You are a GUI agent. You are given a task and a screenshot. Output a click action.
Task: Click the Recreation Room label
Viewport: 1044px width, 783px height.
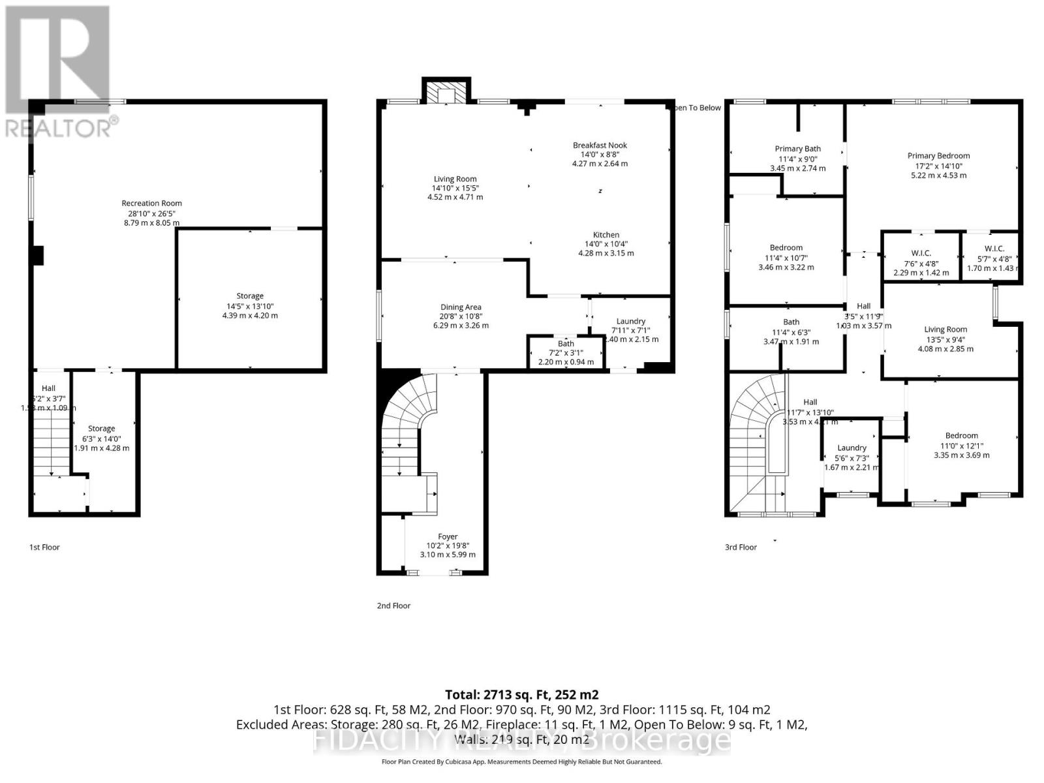click(x=151, y=204)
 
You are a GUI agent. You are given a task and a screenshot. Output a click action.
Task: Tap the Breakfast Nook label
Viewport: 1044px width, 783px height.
click(x=600, y=146)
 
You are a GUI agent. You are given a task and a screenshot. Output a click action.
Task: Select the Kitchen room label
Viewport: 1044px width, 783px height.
click(x=606, y=235)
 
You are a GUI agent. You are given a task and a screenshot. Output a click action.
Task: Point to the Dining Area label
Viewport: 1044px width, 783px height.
click(x=461, y=307)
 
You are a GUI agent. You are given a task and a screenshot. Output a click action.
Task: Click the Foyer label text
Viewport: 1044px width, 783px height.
click(x=448, y=537)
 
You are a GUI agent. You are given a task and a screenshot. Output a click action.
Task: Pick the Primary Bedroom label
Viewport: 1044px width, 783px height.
click(x=938, y=156)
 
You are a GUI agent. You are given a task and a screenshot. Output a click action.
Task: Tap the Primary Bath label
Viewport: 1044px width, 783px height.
click(x=797, y=149)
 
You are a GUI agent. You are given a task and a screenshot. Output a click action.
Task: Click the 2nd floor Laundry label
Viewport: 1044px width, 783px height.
click(x=630, y=321)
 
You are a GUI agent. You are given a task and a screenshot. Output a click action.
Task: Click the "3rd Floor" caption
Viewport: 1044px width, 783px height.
click(x=741, y=547)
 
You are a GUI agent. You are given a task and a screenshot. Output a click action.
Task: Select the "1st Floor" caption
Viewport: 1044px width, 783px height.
click(x=44, y=547)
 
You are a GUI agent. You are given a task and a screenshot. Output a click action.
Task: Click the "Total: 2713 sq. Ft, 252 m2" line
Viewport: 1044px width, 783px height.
click(x=521, y=695)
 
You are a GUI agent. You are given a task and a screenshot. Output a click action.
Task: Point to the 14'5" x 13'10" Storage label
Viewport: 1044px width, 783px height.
click(x=250, y=296)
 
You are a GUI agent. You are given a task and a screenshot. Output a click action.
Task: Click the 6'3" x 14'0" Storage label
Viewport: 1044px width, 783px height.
click(x=101, y=429)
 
